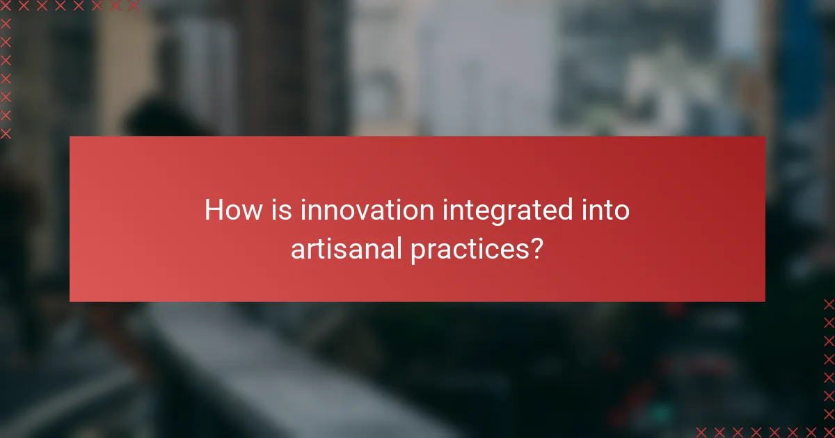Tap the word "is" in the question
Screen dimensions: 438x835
(x=283, y=210)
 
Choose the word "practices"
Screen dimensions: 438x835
(x=463, y=250)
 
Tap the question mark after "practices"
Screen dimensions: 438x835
(x=536, y=248)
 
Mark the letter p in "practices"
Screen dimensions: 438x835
(x=417, y=252)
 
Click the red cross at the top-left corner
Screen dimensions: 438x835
(x=6, y=6)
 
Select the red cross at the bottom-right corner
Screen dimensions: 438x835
(x=828, y=431)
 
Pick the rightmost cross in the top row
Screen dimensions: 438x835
(x=133, y=6)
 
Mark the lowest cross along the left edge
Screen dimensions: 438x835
(x=6, y=133)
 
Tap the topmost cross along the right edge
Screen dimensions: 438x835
(x=828, y=305)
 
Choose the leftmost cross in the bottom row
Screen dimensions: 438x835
(x=701, y=431)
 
